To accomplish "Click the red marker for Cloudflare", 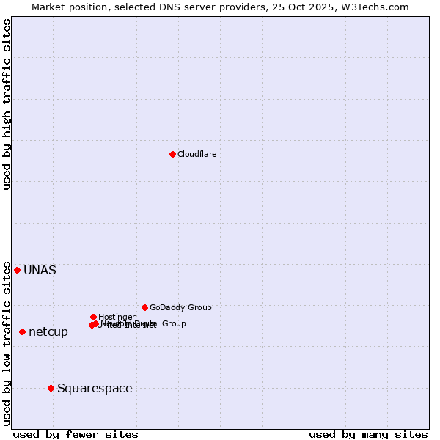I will tap(172, 154).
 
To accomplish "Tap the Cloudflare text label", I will tap(197, 154).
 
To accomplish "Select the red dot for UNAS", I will tap(17, 270).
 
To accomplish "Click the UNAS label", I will tap(40, 270).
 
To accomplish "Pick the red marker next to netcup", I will tap(22, 332).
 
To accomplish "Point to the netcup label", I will tap(48, 332).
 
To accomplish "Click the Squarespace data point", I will tap(51, 388).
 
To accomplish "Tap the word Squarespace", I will tap(95, 388).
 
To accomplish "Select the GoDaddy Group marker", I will tap(144, 307).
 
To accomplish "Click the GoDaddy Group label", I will tap(180, 307).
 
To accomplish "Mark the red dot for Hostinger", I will tap(93, 317).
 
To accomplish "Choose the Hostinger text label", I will tap(117, 317).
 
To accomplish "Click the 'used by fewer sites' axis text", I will tap(76, 434).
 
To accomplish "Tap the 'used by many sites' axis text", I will tap(368, 434).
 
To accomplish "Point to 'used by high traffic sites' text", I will tap(7, 104).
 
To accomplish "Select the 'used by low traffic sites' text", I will tap(7, 343).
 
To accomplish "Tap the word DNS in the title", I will tap(164, 7).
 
